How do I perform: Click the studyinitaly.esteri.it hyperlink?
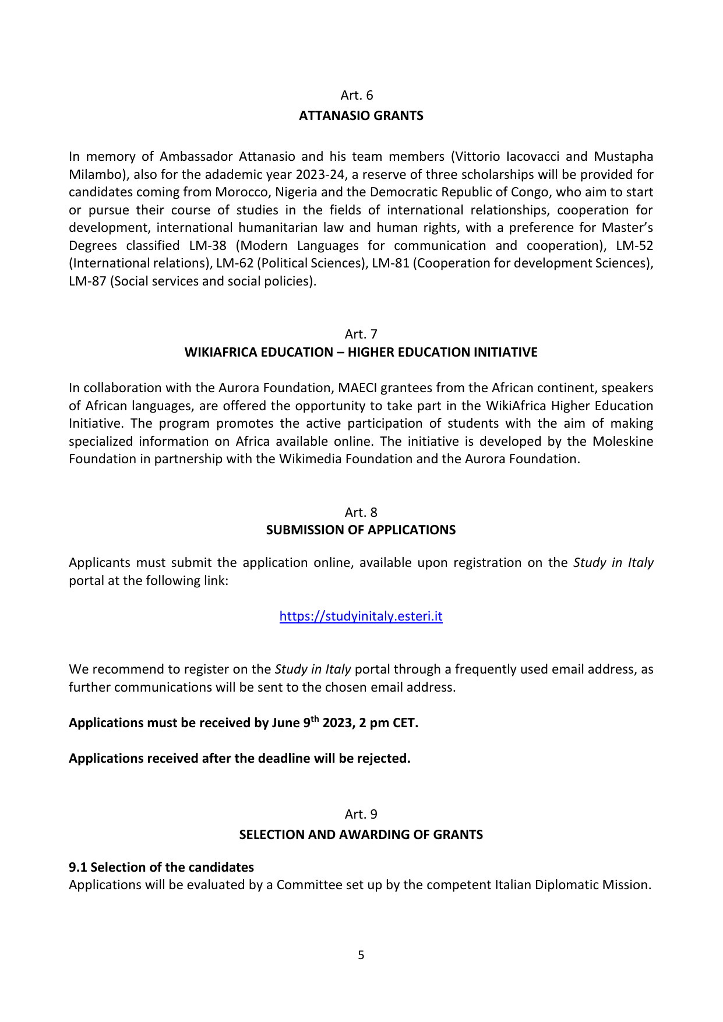click(x=361, y=616)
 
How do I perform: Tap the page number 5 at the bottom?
click(x=361, y=955)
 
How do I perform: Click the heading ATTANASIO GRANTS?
click(x=361, y=116)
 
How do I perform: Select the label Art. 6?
click(x=357, y=96)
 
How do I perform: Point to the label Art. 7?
click(x=361, y=334)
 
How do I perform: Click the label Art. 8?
click(x=361, y=512)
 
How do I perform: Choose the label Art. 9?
click(x=361, y=814)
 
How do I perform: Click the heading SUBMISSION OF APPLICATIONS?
click(x=361, y=530)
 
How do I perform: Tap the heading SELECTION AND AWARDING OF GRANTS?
click(x=361, y=834)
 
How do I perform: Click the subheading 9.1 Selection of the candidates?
click(x=161, y=867)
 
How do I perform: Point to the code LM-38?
click(x=208, y=246)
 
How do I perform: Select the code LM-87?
click(x=87, y=281)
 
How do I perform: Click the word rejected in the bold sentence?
click(x=383, y=759)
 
